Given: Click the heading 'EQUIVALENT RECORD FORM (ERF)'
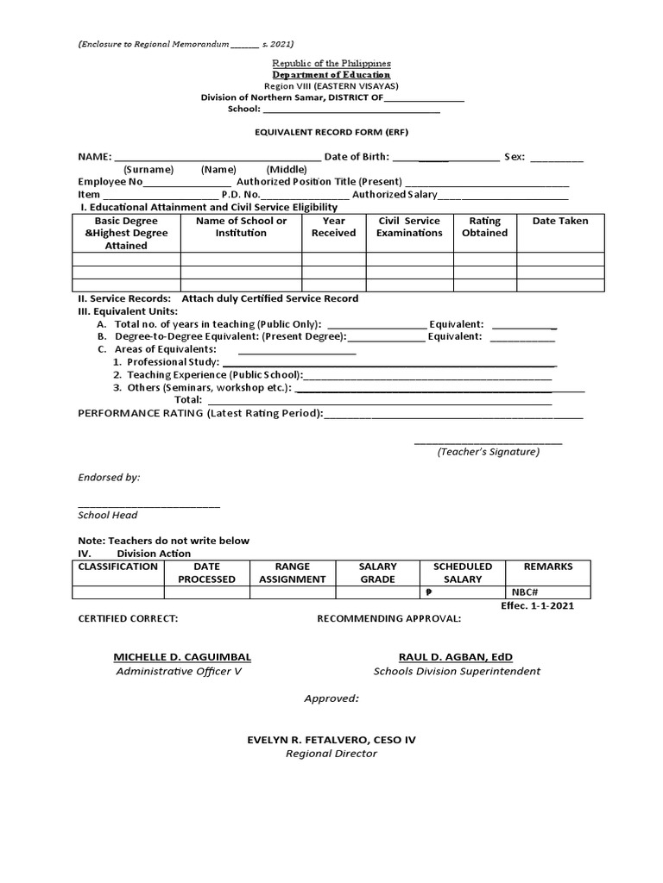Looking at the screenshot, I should click(x=331, y=133).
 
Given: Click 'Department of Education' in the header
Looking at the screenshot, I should click(x=331, y=75).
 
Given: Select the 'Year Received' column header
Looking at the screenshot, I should click(x=333, y=227).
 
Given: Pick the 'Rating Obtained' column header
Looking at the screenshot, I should click(x=485, y=227).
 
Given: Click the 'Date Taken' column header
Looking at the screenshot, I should click(x=560, y=221).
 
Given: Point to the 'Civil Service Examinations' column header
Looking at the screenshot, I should click(x=409, y=227).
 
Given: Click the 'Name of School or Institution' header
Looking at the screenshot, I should click(x=241, y=227).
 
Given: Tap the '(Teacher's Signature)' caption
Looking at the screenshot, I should click(x=488, y=452).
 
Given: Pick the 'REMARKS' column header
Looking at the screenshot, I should click(x=548, y=567).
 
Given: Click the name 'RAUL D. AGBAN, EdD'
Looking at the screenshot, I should click(x=456, y=657).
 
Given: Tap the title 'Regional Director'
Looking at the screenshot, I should click(x=331, y=754).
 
